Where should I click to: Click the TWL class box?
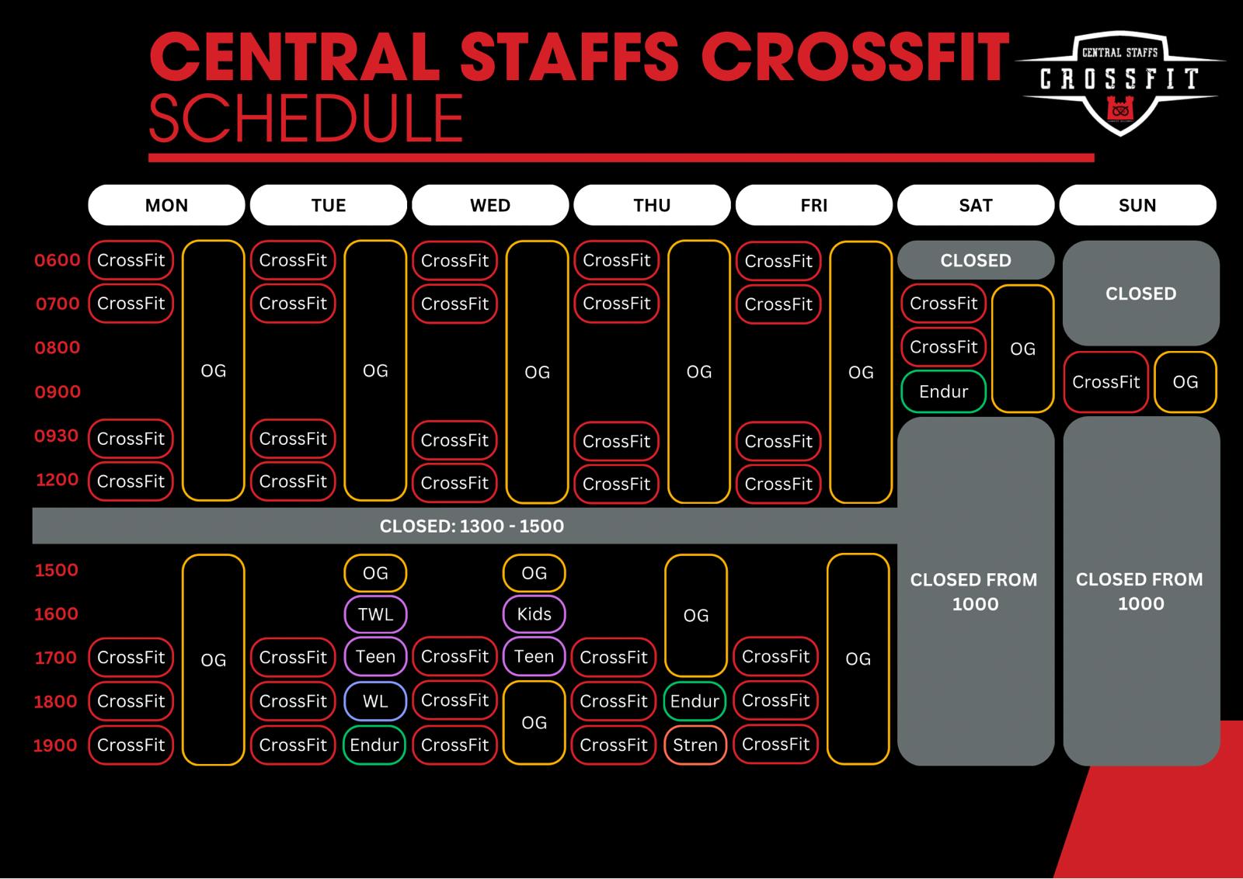pos(375,614)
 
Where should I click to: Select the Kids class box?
pos(534,614)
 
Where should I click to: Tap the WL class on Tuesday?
pos(375,701)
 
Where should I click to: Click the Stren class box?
pos(695,745)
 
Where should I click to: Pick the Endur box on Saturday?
pos(943,391)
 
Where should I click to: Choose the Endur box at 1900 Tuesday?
pos(374,745)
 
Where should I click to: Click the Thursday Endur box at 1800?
pos(695,701)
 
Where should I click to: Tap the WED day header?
pos(490,205)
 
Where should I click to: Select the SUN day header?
pos(1137,205)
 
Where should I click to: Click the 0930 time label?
pos(57,436)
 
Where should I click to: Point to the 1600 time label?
pos(57,614)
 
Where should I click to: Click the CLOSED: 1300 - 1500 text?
pos(472,526)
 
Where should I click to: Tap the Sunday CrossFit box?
pos(1106,382)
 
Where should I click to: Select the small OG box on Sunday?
pos(1186,382)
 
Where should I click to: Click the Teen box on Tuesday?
pos(375,657)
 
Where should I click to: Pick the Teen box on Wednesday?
pos(534,657)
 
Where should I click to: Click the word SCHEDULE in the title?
pos(306,117)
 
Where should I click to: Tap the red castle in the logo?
pos(1119,108)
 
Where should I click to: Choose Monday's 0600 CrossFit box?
pos(131,260)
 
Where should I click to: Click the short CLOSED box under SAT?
pos(976,260)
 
